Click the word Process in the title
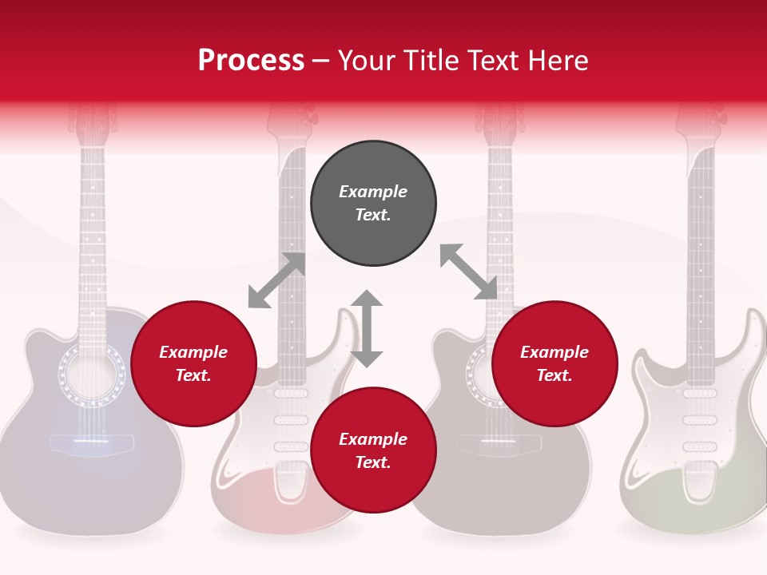tap(251, 61)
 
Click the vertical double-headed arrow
tap(367, 328)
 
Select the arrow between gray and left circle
tap(276, 280)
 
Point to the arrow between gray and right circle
tap(468, 272)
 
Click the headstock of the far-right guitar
tap(701, 120)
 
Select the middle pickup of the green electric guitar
tap(700, 420)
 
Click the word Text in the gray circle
tap(373, 215)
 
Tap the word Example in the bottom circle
tap(373, 438)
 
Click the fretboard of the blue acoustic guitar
tap(92, 240)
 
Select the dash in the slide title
tap(321, 61)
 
